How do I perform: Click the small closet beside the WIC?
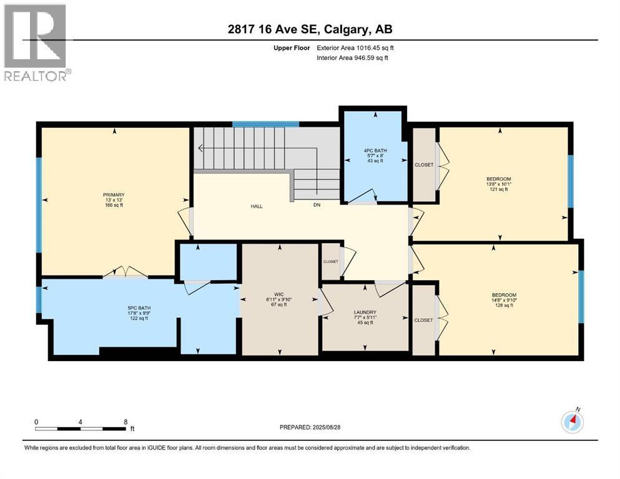point(330,261)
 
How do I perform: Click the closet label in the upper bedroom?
point(424,165)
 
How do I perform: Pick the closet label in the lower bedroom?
point(423,320)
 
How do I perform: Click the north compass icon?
point(572,422)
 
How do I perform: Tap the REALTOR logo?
point(36,43)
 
